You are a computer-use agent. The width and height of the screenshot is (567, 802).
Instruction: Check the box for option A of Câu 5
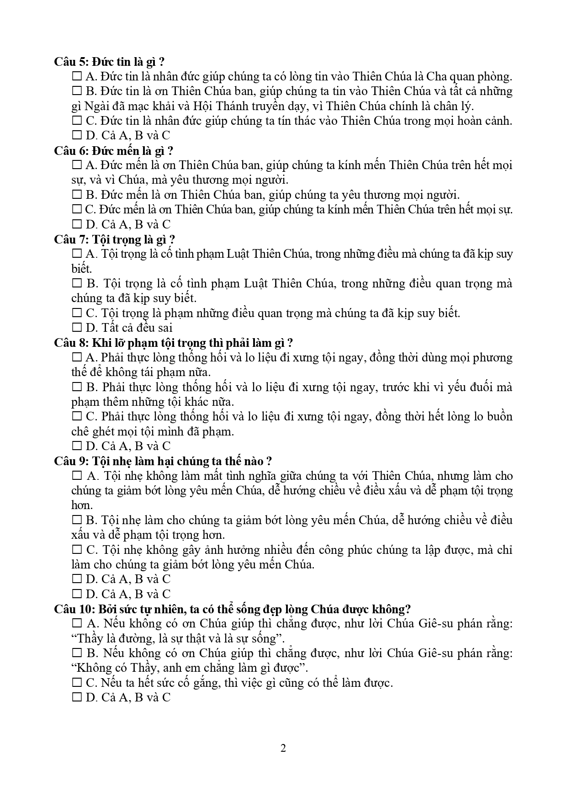coord(77,76)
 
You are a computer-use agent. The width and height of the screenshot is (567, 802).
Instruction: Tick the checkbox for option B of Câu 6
coord(77,195)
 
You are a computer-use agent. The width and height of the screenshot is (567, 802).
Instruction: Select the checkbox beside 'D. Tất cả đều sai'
coord(77,328)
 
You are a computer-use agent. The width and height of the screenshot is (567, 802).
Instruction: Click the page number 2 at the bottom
coord(283,748)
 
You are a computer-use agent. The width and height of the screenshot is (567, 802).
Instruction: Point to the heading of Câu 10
coord(233,609)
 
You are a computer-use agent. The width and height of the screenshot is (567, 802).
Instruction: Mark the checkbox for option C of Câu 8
coord(77,417)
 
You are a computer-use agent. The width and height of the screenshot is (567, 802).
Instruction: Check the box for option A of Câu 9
coord(77,476)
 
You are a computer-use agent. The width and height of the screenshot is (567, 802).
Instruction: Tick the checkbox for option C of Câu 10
coord(77,683)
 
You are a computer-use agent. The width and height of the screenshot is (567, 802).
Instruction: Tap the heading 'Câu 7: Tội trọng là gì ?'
coord(115,239)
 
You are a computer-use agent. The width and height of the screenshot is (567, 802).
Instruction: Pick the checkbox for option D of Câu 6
coord(77,224)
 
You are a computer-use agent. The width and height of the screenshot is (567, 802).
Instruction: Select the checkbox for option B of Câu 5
coord(77,91)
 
